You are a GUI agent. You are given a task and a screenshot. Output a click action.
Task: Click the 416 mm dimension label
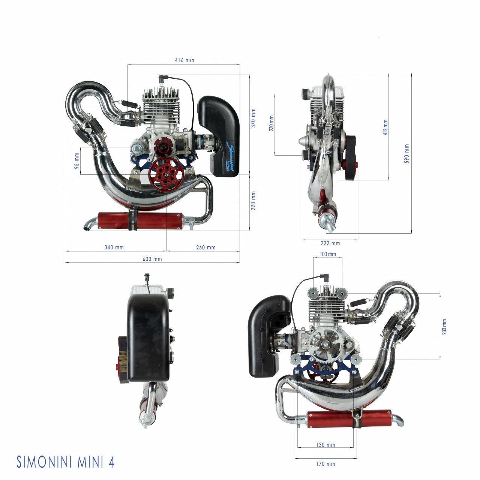pyautogui.click(x=184, y=60)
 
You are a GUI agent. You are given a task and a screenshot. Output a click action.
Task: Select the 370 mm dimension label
pyautogui.click(x=253, y=118)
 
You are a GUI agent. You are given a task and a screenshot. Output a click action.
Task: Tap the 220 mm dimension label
pyautogui.click(x=253, y=201)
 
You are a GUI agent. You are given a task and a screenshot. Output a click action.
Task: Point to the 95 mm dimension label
pyautogui.click(x=77, y=161)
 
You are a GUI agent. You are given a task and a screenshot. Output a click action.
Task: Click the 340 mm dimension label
pyautogui.click(x=114, y=247)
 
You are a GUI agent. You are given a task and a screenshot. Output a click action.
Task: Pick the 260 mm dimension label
pyautogui.click(x=206, y=247)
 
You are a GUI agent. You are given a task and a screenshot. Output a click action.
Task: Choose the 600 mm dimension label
pyautogui.click(x=152, y=259)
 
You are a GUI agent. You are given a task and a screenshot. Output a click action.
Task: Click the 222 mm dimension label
pyautogui.click(x=330, y=243)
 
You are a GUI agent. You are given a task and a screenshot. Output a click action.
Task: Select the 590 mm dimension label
pyautogui.click(x=406, y=153)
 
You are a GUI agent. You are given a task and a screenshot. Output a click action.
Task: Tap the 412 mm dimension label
pyautogui.click(x=385, y=127)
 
